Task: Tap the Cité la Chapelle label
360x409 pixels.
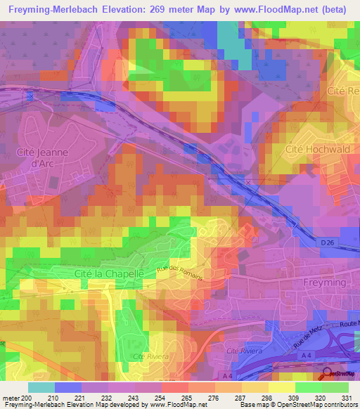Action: coord(109,273)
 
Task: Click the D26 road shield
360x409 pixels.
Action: coord(328,242)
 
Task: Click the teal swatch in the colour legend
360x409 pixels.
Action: coord(41,387)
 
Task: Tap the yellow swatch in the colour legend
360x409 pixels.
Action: coord(281,387)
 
